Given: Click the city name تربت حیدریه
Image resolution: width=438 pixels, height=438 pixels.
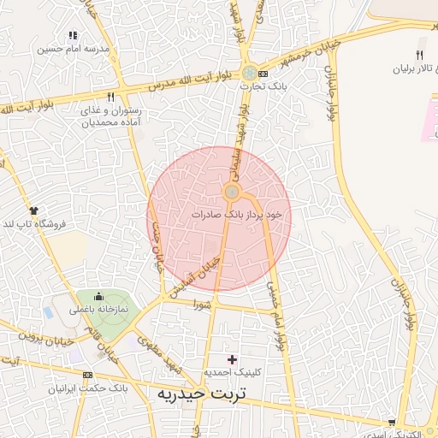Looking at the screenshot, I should coord(199,394).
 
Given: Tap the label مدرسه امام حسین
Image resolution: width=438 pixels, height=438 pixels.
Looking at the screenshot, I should coord(74,49).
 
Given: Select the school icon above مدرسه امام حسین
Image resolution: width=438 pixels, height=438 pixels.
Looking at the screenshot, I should coord(73,36).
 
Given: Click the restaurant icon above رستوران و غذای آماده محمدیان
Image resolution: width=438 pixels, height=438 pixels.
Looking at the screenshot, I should coord(110,98).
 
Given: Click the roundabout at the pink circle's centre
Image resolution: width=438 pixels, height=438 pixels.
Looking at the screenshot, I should coord(231,192).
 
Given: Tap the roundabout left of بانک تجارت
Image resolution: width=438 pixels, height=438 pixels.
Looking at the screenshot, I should coord(248,74).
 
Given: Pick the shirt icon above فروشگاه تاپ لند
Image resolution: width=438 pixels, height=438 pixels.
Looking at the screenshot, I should coord(33,210).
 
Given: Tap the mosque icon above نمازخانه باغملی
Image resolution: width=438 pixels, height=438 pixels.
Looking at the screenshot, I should coord(99,295).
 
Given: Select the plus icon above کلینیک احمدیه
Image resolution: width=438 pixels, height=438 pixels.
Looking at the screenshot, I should coord(231,359).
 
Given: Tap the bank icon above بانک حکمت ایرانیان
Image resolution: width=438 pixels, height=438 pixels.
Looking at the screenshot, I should coord(88,376).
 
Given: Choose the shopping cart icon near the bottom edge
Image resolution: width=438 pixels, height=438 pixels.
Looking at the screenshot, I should coord(392,422).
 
